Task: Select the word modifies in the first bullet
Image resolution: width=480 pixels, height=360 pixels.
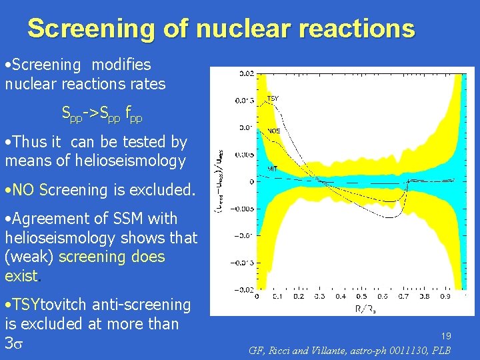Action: click(x=121, y=65)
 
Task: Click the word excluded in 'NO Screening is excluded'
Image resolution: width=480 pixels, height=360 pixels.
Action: click(x=163, y=190)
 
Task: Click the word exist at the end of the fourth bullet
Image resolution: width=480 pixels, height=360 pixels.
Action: click(x=21, y=276)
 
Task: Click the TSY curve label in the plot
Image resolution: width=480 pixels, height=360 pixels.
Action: click(x=273, y=99)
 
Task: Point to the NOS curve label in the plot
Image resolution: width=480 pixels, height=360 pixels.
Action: click(x=273, y=131)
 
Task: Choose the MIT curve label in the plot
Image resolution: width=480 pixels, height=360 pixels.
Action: click(x=273, y=167)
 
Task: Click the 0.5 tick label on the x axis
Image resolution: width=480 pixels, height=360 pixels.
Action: click(x=361, y=296)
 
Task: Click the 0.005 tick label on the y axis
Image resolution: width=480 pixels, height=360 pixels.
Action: click(x=242, y=154)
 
